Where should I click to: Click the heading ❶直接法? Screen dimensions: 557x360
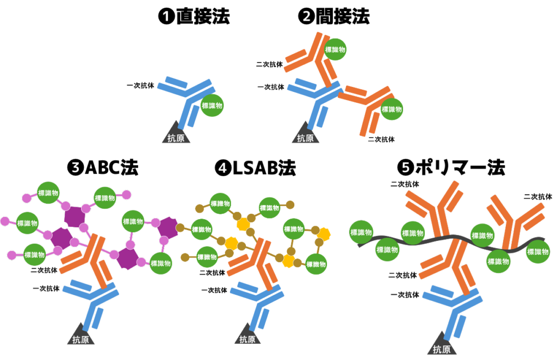194,16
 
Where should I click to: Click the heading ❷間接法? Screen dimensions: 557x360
334,16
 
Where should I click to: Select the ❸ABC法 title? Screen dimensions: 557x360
103,167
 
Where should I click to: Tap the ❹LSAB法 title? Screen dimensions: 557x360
256,167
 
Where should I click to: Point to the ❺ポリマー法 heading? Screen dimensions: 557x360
451,167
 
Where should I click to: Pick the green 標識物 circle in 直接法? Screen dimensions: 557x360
212,105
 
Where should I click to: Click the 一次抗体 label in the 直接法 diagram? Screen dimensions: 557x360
141,85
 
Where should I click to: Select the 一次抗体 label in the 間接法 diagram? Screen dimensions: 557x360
271,87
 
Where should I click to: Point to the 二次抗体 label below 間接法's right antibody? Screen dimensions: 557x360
381,140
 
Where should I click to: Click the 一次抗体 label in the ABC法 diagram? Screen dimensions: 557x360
46,289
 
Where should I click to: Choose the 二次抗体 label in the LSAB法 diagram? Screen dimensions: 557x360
212,272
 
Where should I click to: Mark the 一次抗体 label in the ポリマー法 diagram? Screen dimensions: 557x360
405,295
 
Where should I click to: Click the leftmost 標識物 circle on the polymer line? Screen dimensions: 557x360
361,233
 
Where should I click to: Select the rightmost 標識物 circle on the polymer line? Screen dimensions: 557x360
538,252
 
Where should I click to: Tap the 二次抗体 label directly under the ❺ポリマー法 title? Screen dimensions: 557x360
405,184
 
